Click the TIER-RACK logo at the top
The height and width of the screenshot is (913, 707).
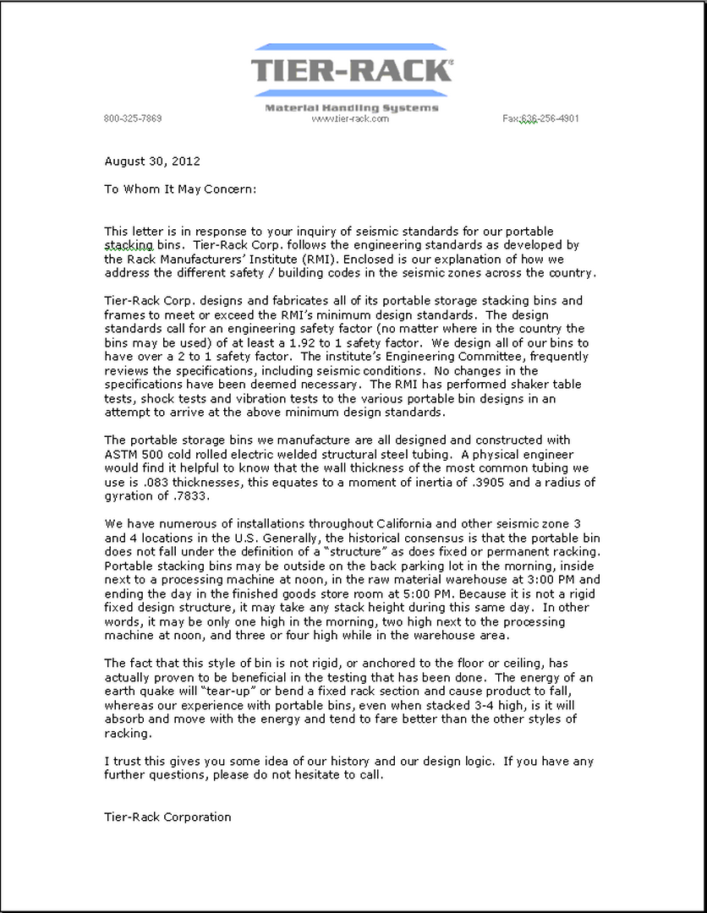click(352, 70)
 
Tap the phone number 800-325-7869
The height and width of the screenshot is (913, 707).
click(133, 118)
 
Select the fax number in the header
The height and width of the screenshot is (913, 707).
click(541, 118)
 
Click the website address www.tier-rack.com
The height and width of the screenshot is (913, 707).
click(350, 118)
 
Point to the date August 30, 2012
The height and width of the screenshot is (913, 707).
click(152, 161)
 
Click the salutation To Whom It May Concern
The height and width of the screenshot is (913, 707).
click(179, 189)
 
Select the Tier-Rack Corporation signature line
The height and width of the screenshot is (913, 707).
click(167, 817)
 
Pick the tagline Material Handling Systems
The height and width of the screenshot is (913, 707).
click(352, 107)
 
